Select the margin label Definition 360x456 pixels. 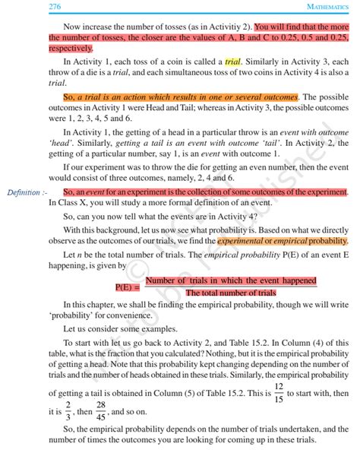pyautogui.click(x=22, y=192)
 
